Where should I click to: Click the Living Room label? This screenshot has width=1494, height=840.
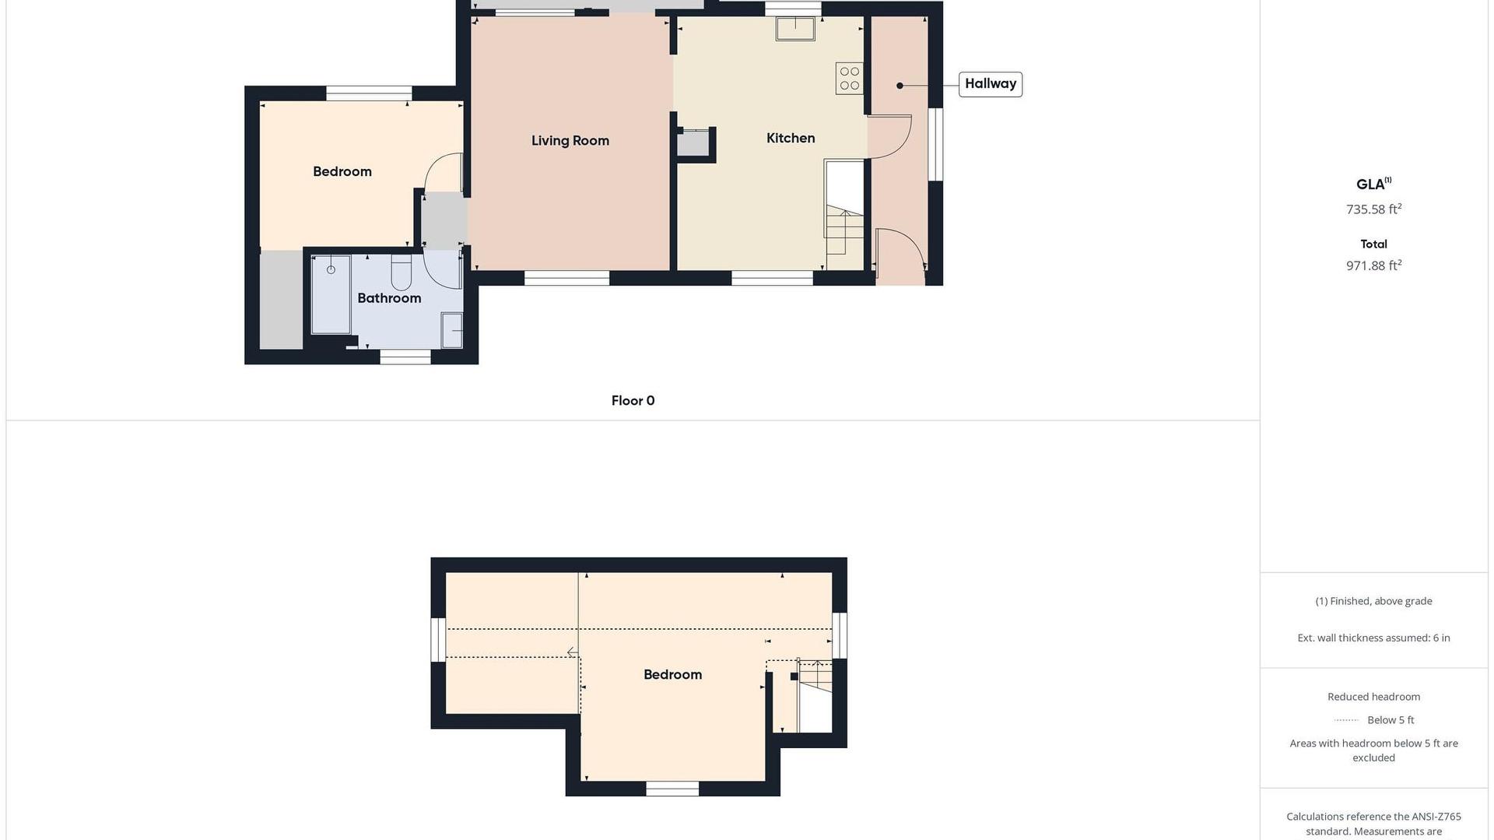(x=570, y=141)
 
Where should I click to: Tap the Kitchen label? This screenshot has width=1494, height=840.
(x=791, y=139)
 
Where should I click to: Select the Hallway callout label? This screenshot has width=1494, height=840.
(x=991, y=84)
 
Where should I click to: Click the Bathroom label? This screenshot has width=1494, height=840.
(x=389, y=298)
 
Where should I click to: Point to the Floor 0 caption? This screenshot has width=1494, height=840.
(x=633, y=401)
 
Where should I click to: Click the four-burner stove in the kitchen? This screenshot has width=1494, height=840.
(x=850, y=78)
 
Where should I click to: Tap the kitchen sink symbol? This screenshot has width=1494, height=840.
(x=795, y=29)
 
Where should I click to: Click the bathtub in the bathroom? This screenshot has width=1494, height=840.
(x=331, y=294)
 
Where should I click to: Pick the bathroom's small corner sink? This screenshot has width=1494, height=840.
(x=451, y=330)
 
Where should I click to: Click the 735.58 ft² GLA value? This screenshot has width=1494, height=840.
(x=1374, y=209)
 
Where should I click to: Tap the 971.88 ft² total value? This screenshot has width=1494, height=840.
(x=1374, y=265)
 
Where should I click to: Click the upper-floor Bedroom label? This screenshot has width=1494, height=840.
(x=673, y=675)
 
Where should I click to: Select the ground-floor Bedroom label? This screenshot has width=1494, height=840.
(x=342, y=172)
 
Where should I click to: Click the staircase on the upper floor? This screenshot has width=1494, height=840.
(x=815, y=696)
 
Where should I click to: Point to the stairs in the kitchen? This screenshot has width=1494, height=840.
(x=845, y=230)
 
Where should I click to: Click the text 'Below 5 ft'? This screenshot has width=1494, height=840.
(x=1391, y=720)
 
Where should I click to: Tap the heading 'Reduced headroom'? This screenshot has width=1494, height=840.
(x=1374, y=697)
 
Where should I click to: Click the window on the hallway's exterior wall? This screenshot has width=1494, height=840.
(x=936, y=144)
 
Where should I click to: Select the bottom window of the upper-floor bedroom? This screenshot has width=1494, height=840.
(x=672, y=789)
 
